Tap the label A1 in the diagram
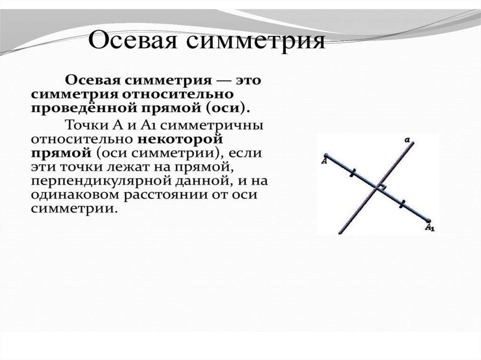click(x=430, y=228)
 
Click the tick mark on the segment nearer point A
click(x=352, y=172)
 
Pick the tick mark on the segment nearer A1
click(x=402, y=204)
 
